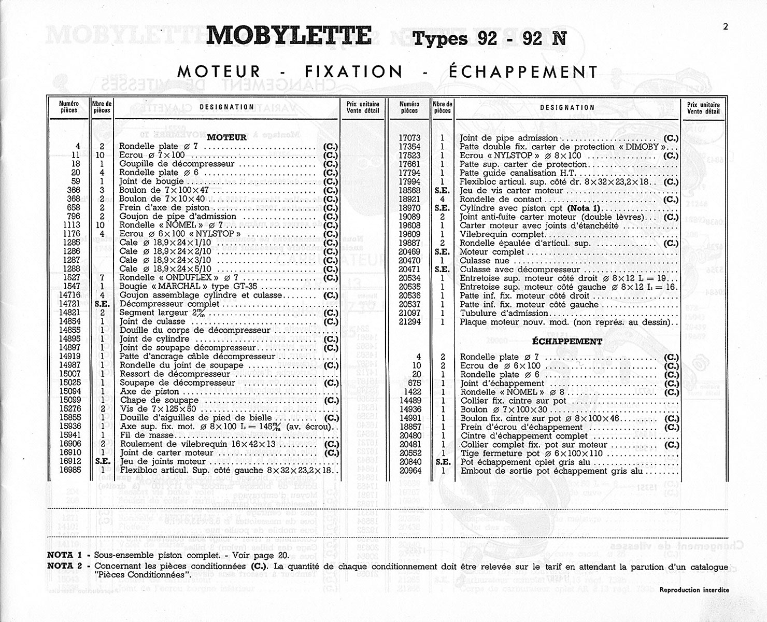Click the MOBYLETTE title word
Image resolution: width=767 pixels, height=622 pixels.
tap(289, 36)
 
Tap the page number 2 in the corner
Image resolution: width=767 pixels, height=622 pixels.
tap(725, 27)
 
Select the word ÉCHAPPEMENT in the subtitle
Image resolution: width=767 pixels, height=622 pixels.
tap(523, 72)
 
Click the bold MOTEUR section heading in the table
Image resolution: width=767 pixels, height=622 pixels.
tap(226, 138)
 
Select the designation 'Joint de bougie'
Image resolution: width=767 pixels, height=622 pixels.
tap(151, 181)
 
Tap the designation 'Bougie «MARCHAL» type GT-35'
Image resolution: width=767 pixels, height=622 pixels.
tap(188, 287)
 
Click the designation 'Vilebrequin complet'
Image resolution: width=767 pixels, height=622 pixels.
tap(494, 234)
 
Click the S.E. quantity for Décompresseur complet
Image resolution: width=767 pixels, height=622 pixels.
tap(102, 304)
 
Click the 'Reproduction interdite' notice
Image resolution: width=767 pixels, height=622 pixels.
tap(694, 590)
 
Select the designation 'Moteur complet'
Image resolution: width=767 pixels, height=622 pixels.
tap(492, 252)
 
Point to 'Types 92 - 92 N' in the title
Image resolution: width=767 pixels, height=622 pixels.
tap(489, 39)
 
